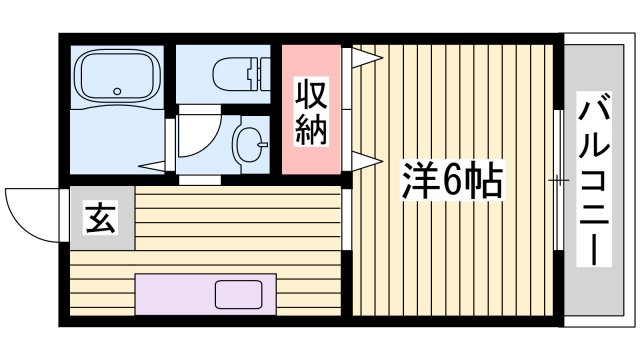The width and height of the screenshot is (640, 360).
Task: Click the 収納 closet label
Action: (311, 111)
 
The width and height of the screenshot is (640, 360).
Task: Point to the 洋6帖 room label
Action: (451, 182)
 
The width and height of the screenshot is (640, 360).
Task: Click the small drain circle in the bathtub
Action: (116, 92)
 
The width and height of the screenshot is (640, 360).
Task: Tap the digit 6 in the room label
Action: (451, 182)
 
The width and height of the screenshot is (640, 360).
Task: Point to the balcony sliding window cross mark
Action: (557, 181)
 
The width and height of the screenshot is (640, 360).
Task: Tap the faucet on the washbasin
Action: (262, 146)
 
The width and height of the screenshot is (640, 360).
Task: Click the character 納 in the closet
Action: (311, 129)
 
